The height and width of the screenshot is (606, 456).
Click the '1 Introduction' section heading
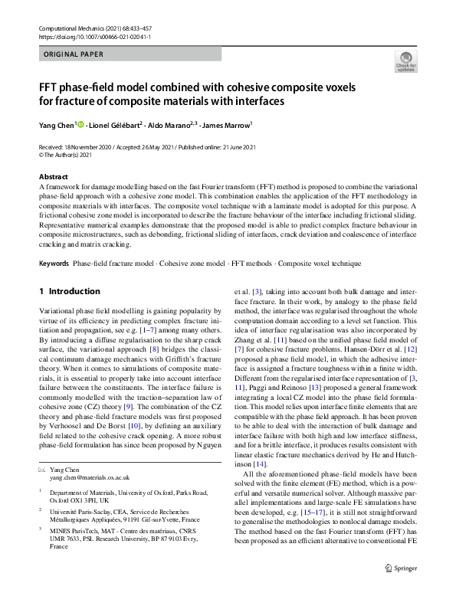click(x=69, y=292)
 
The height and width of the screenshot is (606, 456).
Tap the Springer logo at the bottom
click(x=406, y=588)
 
